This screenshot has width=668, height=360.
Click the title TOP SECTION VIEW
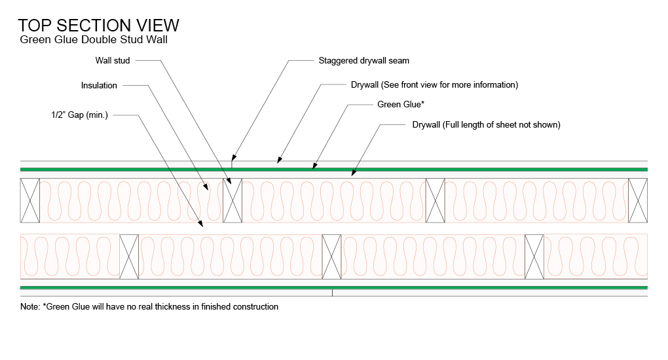[98, 25]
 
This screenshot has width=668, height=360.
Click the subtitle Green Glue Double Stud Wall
[94, 40]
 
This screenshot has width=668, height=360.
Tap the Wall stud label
[113, 61]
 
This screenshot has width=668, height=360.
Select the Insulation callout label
[99, 85]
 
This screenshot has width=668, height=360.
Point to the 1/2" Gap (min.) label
[79, 115]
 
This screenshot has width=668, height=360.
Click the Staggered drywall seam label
[363, 61]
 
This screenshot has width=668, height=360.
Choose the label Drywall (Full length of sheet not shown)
[486, 124]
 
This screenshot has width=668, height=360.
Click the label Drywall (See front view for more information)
[434, 85]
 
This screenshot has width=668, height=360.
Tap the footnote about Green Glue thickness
[149, 307]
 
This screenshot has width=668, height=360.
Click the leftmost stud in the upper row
[30, 200]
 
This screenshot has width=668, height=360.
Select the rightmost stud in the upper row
[638, 200]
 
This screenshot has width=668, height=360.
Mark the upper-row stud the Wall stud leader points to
[233, 200]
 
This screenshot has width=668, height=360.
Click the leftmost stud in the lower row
[129, 256]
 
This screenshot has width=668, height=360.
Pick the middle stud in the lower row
[332, 256]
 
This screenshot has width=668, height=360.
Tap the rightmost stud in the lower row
[535, 256]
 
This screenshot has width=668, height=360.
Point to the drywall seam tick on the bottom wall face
[333, 293]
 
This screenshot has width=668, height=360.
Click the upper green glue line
[334, 170]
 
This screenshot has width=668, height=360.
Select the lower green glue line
[334, 287]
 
